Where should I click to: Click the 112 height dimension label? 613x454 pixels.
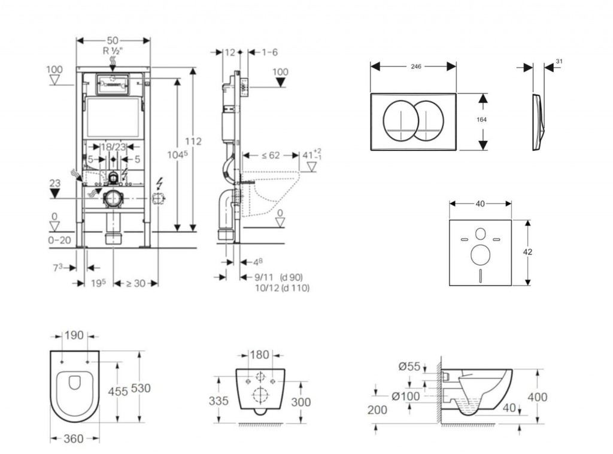193,141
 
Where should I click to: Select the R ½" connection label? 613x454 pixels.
113,51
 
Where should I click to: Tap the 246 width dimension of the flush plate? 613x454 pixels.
414,66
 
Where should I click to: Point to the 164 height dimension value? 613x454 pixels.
482,119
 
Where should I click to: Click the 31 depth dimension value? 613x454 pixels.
559,61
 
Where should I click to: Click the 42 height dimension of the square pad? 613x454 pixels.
527,252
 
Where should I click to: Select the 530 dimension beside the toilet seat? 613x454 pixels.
141,388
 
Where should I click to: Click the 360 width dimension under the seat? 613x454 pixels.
73,439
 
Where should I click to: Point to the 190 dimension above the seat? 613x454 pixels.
74,335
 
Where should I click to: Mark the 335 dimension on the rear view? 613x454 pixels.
219,401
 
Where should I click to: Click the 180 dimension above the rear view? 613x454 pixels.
259,355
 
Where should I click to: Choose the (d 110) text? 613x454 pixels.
296,288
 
